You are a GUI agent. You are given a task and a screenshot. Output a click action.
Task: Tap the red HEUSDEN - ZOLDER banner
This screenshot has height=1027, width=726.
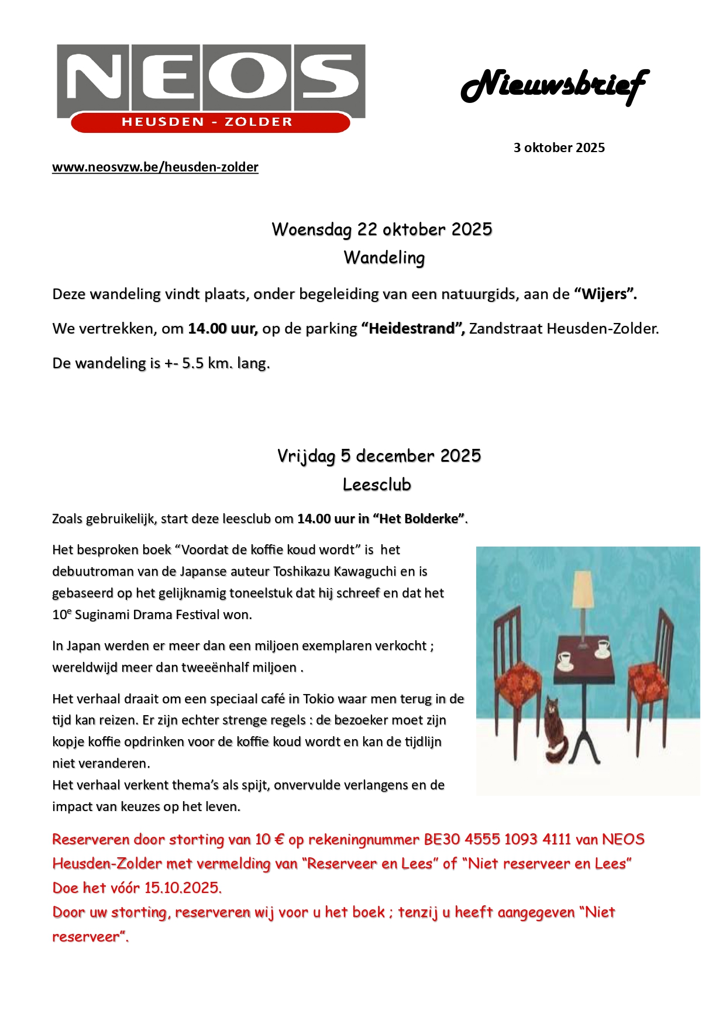(x=207, y=122)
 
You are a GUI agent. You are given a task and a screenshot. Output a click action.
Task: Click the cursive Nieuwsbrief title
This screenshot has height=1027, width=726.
(x=555, y=86)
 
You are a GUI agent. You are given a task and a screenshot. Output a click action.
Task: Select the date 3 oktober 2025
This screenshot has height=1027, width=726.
(x=559, y=147)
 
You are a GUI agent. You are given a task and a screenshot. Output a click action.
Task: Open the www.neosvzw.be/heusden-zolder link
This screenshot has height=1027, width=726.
(x=155, y=167)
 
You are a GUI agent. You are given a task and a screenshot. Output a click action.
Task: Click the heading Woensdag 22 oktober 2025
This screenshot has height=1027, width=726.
(x=381, y=229)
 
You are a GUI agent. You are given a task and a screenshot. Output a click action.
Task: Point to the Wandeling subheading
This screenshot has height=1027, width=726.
(x=384, y=257)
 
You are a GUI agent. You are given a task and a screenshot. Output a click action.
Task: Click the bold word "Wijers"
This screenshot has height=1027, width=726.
(x=605, y=294)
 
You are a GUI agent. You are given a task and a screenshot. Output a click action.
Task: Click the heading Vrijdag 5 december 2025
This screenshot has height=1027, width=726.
(x=379, y=456)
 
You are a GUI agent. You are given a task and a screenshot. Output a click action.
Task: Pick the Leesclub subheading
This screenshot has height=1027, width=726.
(x=377, y=485)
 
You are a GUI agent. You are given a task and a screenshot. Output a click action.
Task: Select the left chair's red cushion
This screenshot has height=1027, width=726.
(x=518, y=679)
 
